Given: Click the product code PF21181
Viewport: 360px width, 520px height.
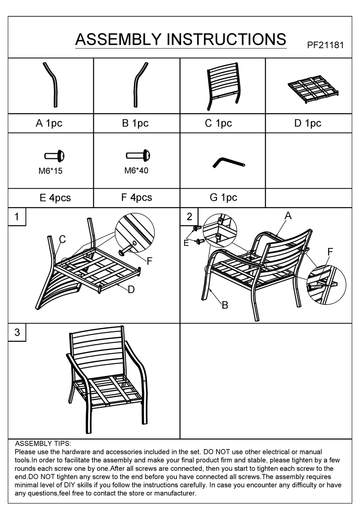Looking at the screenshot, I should [325, 45].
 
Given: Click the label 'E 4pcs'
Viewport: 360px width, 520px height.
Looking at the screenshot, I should [55, 198].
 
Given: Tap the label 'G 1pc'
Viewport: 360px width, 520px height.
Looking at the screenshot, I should [223, 198].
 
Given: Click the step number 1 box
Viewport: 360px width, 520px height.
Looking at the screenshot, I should [17, 217].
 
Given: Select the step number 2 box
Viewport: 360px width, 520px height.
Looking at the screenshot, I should [189, 217].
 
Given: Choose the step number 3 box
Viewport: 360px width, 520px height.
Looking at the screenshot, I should [17, 332].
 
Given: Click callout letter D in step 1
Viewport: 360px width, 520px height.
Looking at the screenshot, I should [131, 290].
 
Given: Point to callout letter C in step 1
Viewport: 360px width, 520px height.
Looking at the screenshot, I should [63, 239].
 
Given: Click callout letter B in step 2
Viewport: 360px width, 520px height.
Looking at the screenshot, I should [225, 305].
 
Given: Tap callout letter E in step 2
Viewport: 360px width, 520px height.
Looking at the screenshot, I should [186, 243].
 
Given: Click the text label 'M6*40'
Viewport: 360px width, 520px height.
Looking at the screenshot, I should [136, 171].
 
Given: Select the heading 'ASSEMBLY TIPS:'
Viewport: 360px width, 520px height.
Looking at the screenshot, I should [43, 443].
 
